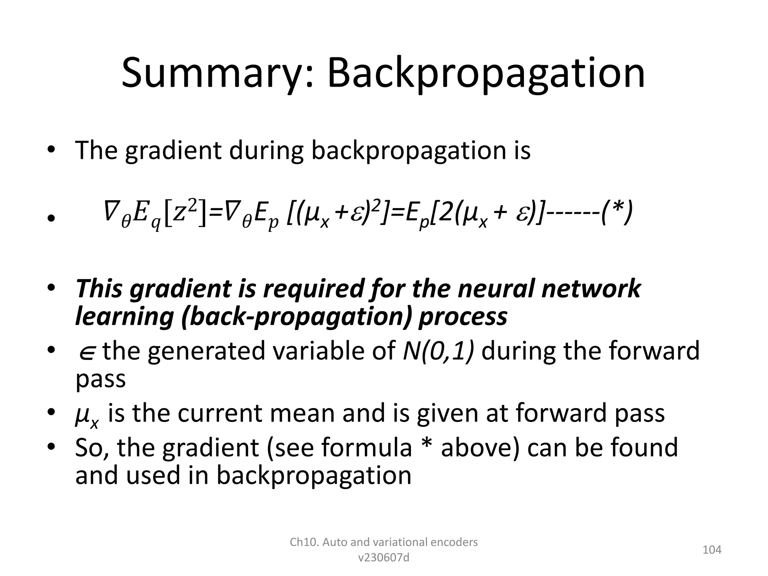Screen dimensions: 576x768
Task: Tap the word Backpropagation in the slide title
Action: point(486,73)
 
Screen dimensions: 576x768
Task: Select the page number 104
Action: point(712,550)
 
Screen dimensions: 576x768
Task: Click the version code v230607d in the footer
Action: point(384,558)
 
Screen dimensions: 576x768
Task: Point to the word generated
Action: point(206,351)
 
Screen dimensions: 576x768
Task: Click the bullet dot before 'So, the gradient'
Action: point(51,447)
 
